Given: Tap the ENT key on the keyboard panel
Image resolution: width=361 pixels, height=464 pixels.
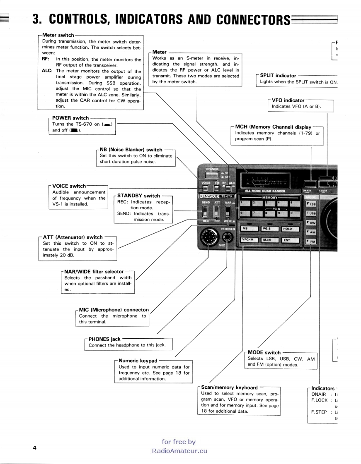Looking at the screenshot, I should [288, 240].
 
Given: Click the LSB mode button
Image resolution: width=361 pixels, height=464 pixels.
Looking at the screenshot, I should [310, 204].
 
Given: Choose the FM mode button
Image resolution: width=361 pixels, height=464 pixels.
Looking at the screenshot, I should [310, 242].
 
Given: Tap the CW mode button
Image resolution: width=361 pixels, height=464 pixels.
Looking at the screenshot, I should [310, 223].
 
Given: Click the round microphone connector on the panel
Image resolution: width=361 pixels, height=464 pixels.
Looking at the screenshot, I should [210, 238].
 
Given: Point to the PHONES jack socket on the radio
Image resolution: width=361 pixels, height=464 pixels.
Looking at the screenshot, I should [228, 237].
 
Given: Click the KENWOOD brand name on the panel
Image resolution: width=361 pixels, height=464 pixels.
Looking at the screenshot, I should [209, 196].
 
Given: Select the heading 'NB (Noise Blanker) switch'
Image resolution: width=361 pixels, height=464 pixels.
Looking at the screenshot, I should [131, 150].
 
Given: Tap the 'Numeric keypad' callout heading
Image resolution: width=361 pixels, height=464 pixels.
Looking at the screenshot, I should [138, 361].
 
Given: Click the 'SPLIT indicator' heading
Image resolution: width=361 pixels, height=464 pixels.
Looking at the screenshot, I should [278, 76].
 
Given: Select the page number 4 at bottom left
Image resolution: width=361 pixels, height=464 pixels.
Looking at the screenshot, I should [35, 448].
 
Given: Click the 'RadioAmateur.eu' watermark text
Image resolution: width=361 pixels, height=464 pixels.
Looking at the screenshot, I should [179, 451].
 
